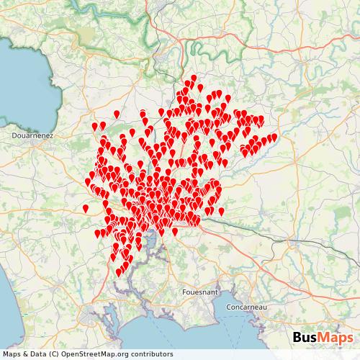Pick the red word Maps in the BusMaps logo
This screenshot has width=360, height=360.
336,338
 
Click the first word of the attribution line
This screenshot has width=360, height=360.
12,354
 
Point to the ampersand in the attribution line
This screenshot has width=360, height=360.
27,354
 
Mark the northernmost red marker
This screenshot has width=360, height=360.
194,77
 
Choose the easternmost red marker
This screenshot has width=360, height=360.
274,137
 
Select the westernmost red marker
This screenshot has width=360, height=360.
85,208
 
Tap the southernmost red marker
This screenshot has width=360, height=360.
119,272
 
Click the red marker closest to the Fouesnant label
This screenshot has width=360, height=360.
174,231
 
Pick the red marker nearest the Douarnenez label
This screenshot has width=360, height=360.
93,127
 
